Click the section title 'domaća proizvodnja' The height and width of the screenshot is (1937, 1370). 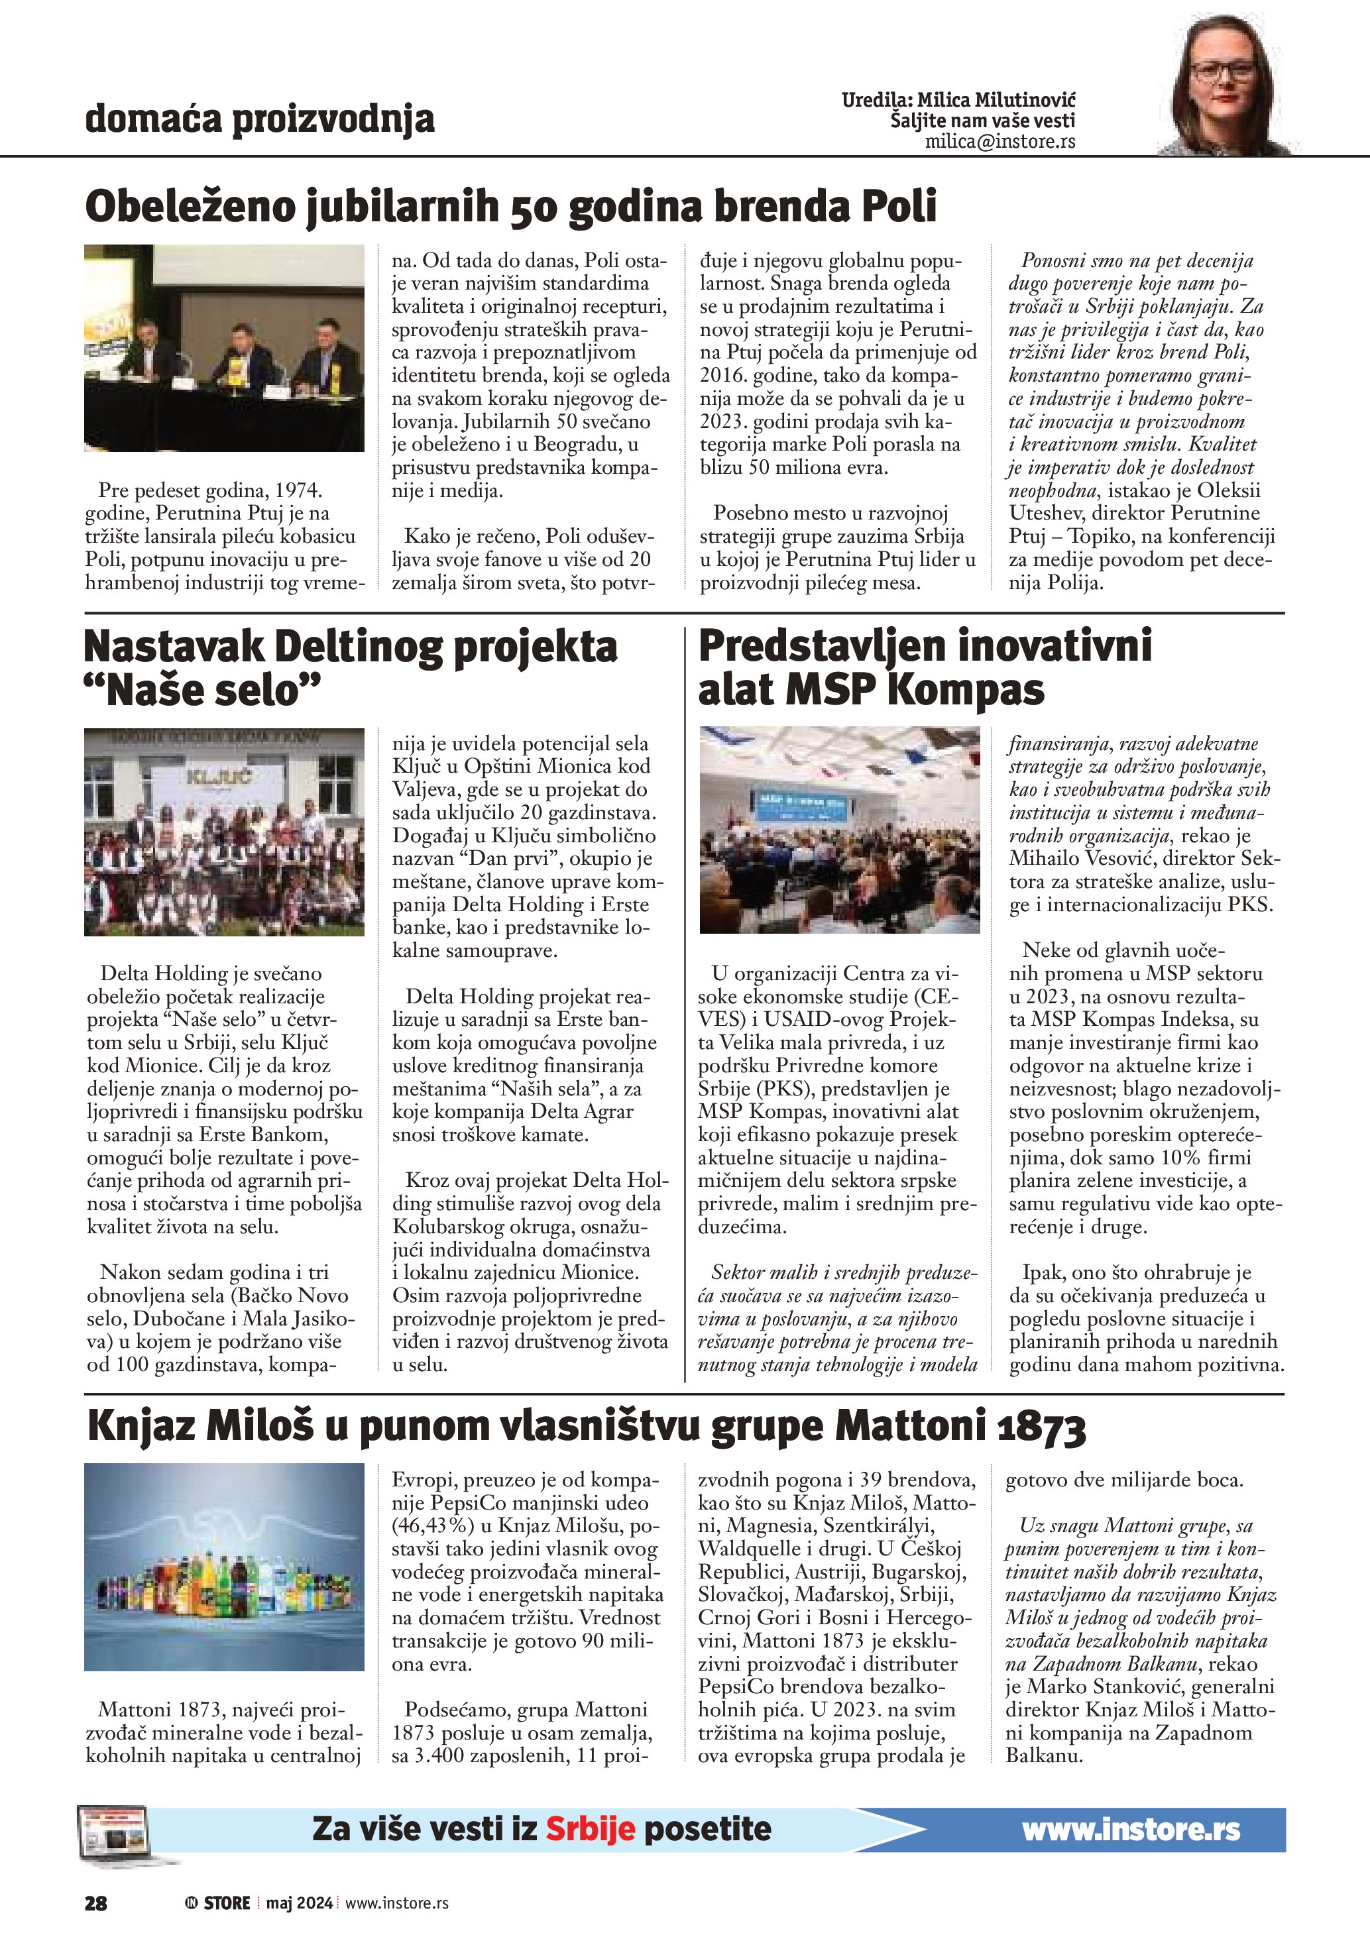(x=260, y=119)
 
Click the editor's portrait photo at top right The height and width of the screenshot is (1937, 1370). (x=1230, y=87)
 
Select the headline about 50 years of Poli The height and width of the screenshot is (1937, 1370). (x=511, y=206)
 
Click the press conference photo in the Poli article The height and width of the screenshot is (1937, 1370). (x=225, y=348)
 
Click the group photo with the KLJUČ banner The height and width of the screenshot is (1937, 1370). (x=225, y=832)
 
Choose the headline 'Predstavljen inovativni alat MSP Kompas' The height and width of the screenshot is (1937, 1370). (x=925, y=668)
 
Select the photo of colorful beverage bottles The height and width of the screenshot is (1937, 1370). (x=225, y=1567)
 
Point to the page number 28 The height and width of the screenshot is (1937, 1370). (x=96, y=1903)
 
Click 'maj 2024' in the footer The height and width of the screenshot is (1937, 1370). (x=300, y=1903)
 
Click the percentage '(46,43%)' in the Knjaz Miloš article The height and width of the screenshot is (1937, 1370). (x=434, y=1525)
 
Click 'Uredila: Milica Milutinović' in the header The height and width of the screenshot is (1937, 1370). (x=958, y=100)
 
